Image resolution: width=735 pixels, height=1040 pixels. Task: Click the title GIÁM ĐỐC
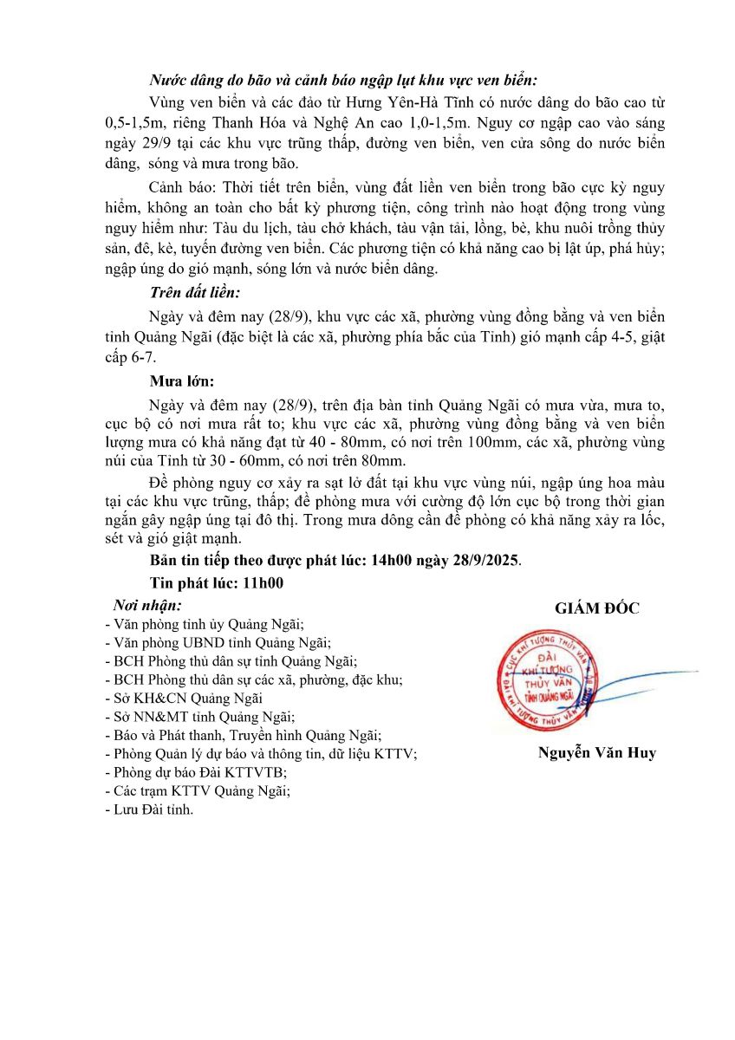pos(597,608)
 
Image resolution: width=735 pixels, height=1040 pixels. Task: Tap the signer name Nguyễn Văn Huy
pos(597,753)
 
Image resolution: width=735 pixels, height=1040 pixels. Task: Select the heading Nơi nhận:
pos(147,605)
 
